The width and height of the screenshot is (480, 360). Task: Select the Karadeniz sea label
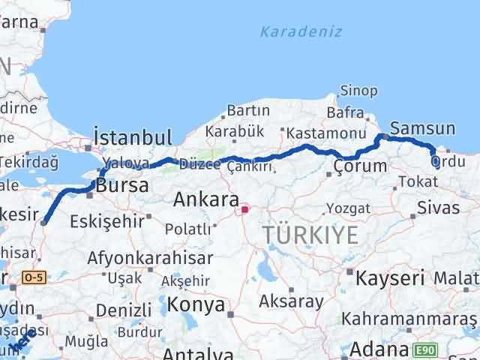pyautogui.click(x=301, y=31)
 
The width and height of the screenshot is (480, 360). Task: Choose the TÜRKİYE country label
pyautogui.click(x=310, y=235)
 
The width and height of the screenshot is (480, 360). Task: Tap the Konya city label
pyautogui.click(x=195, y=304)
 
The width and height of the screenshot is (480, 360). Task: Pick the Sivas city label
pyautogui.click(x=437, y=207)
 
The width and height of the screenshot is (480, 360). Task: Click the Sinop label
pyautogui.click(x=358, y=91)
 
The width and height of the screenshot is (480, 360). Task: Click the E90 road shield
pyautogui.click(x=426, y=349)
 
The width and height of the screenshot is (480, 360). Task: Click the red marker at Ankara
pyautogui.click(x=244, y=210)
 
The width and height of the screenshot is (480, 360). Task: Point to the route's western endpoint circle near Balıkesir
pyautogui.click(x=43, y=221)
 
